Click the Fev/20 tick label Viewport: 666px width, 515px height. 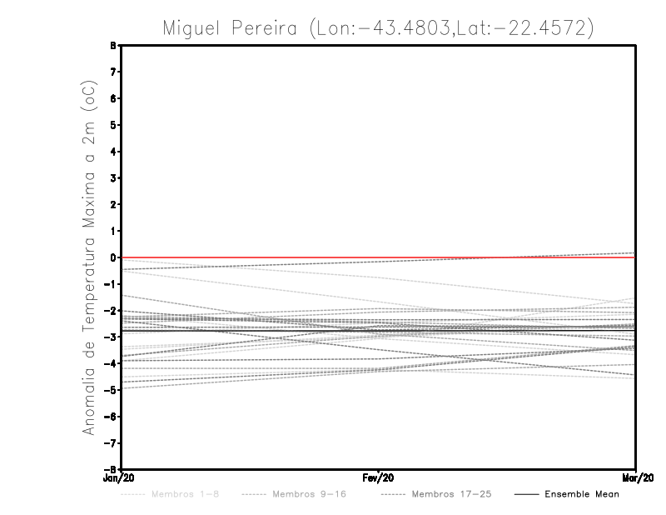[x=379, y=478]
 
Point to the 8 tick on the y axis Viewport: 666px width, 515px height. [x=113, y=46]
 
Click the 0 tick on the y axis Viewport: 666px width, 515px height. [x=113, y=257]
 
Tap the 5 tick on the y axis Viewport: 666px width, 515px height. [x=113, y=125]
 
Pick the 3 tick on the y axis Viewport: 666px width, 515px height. [x=113, y=178]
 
